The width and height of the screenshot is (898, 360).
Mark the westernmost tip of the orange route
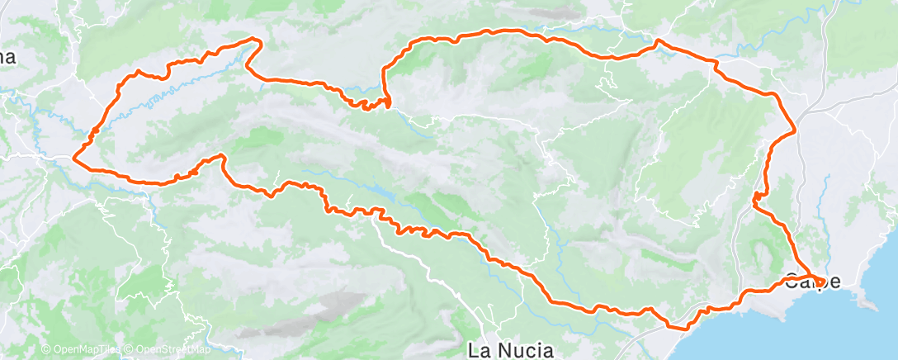[x=74, y=156]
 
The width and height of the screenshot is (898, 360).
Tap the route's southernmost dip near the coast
[x=683, y=328]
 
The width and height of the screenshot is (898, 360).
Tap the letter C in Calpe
[x=792, y=282]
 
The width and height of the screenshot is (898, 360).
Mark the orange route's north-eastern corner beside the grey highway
[x=794, y=130]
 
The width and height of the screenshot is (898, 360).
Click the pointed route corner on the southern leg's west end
[x=221, y=155]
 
